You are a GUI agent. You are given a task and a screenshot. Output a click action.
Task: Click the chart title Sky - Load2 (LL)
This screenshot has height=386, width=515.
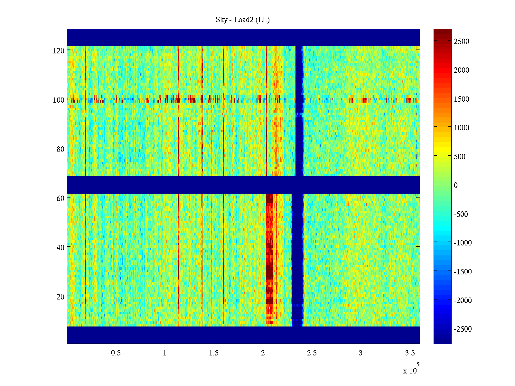pos(243,20)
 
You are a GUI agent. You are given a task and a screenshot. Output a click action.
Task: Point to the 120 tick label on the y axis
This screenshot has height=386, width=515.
pos(59,51)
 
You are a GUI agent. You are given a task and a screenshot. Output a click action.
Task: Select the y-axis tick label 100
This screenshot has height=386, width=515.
pos(59,100)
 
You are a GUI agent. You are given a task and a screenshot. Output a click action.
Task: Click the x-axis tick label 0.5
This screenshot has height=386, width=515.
pos(116,353)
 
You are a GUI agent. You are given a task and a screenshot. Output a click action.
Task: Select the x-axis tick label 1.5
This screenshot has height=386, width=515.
pos(214,353)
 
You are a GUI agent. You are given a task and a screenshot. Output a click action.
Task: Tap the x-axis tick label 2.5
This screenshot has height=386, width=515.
pos(312,353)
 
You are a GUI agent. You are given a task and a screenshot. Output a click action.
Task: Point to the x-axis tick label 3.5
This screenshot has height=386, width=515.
pos(410,353)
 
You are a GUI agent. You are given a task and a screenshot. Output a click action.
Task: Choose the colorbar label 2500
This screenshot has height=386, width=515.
pos(462,41)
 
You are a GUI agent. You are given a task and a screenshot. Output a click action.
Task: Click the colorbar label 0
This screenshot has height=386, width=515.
pos(456,185)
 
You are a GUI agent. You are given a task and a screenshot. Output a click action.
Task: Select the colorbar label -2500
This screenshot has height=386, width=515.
pos(463,329)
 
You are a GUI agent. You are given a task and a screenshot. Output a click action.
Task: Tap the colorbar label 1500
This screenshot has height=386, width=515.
pos(462,99)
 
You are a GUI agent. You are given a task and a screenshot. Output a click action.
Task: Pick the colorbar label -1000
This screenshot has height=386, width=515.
pos(463,243)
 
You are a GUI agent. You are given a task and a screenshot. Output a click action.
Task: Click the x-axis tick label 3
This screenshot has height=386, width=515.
pos(360,353)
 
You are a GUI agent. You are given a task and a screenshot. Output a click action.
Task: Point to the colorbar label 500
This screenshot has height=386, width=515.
pos(460,157)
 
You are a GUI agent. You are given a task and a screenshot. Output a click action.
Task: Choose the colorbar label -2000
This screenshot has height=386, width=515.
pos(463,300)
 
